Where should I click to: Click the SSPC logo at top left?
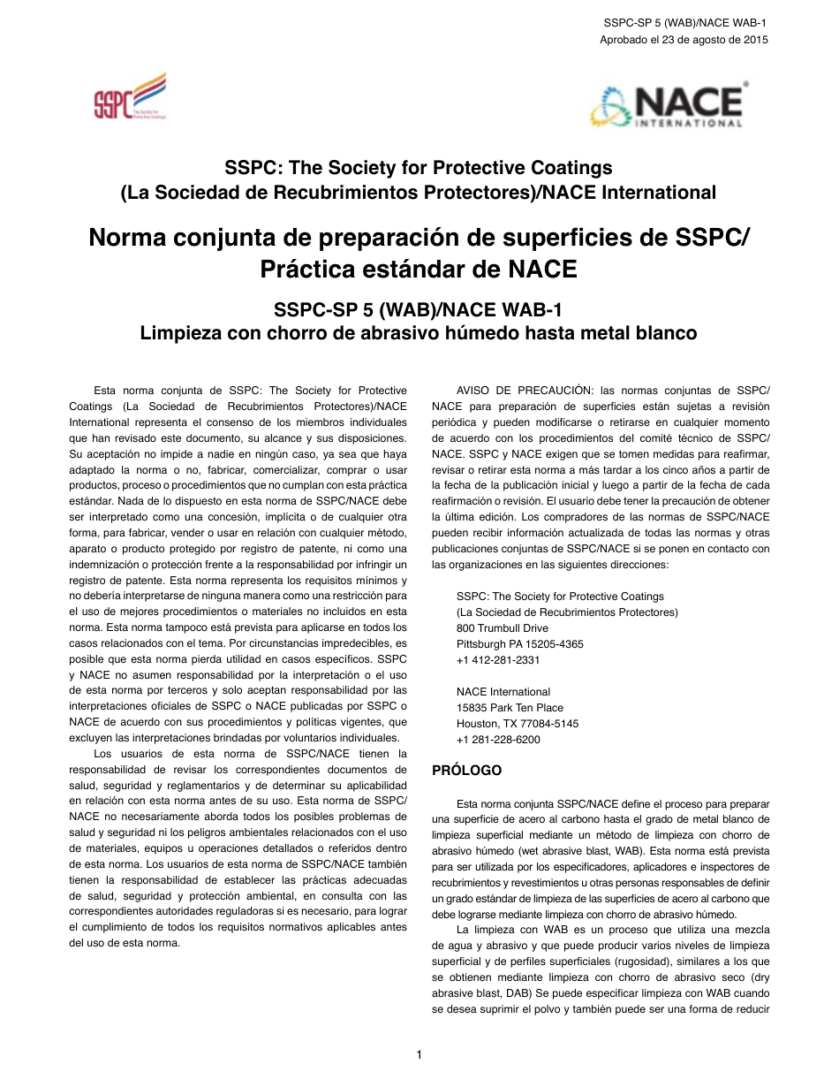coord(130,97)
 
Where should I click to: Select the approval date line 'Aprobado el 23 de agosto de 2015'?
coord(684,40)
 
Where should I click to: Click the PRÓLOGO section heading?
coord(466,771)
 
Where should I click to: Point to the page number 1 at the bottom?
coord(419,1054)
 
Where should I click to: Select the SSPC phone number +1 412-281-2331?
coord(498,660)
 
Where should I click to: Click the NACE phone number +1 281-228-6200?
coord(498,740)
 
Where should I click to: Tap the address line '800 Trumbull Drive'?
coord(502,628)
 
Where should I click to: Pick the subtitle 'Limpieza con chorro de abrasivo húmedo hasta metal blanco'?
coord(419,333)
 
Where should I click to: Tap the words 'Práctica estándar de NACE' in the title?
coord(419,269)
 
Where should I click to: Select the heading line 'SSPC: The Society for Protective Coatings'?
coord(419,167)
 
